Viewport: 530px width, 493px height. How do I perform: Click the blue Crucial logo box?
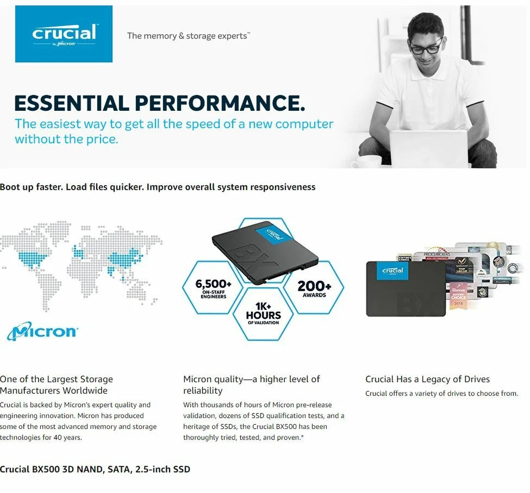[63, 34]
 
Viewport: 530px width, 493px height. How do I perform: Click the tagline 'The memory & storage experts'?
[188, 36]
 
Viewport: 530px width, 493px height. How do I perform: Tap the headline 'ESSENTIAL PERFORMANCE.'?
[159, 103]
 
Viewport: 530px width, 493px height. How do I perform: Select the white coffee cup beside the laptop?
[369, 162]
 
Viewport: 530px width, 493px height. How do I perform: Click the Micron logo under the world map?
[43, 332]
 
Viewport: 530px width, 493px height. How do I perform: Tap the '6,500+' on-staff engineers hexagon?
[214, 287]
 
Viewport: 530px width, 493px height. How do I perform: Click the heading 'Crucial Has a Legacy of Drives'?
[427, 379]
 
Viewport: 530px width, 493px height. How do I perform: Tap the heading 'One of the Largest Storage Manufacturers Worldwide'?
[56, 384]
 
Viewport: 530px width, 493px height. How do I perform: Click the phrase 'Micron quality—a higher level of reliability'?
[251, 384]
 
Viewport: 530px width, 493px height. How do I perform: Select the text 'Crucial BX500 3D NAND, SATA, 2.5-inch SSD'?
[95, 469]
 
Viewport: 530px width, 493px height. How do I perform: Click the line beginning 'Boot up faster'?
[157, 187]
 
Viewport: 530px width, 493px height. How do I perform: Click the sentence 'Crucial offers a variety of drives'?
[442, 394]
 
